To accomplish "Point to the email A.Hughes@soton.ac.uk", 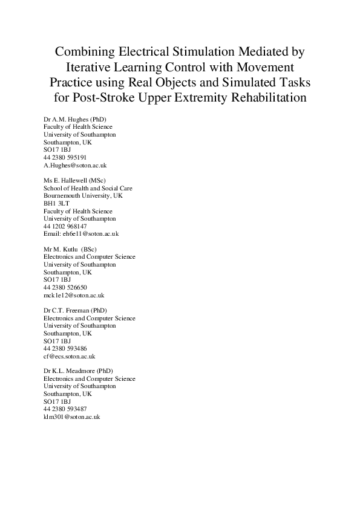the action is [75, 165].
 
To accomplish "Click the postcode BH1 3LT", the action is [57, 204].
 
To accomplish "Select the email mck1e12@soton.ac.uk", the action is [74, 295].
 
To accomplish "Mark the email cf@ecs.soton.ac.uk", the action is [70, 356].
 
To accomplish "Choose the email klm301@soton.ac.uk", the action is [71, 417].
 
